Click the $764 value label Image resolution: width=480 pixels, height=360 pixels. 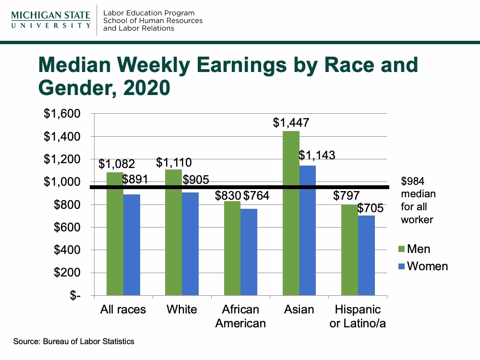pos(256,195)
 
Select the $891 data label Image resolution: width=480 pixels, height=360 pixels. pos(135,180)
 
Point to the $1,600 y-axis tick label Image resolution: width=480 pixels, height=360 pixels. pos(62,114)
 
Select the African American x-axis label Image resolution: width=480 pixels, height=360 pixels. pos(240,316)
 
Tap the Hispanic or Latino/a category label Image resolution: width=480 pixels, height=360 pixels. pos(358,316)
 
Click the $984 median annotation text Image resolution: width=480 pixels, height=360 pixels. pos(418,201)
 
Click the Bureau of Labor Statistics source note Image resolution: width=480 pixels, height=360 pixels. pos(74,342)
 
